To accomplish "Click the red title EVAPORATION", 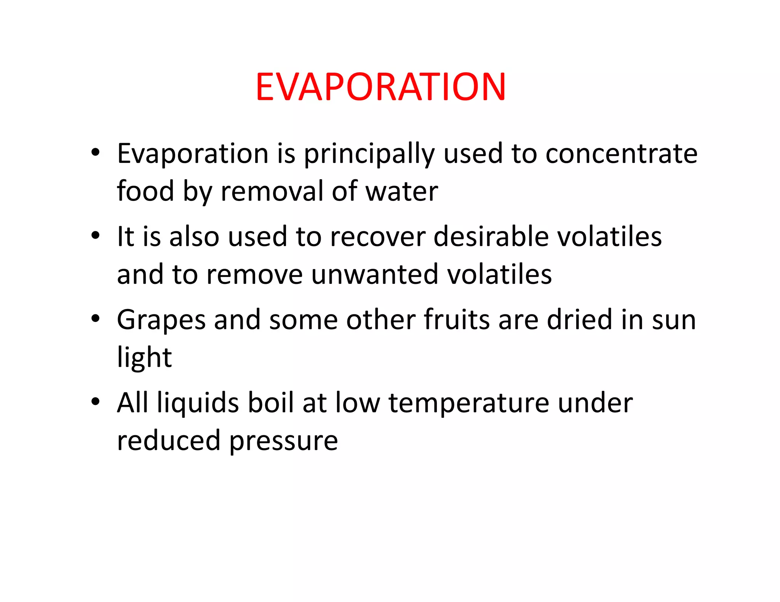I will coord(380,87).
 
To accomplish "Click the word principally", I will coord(369,154).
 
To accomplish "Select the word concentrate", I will coord(621,154).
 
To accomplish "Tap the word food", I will coord(145,191).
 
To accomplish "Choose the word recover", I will coord(377,237).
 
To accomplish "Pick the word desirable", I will coord(491,237).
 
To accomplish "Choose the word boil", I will coord(271,403).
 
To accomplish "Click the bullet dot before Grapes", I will coord(95,318).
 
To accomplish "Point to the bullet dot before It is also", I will coord(95,235).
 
